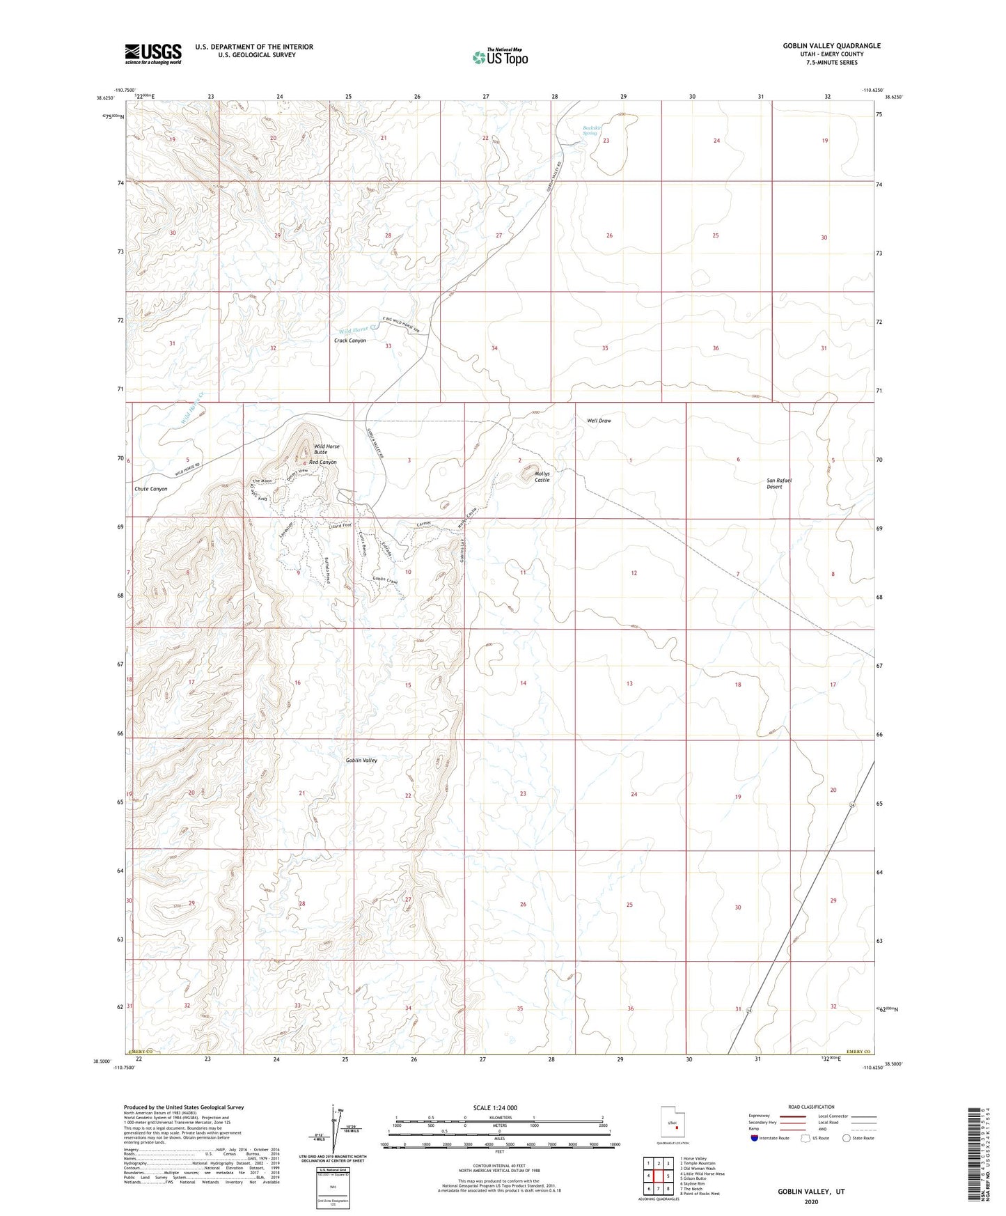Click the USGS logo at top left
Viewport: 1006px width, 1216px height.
153,53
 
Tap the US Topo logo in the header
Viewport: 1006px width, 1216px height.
499,57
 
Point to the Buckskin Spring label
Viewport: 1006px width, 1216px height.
590,130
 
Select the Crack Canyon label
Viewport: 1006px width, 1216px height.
349,341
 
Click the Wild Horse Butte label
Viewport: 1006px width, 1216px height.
326,449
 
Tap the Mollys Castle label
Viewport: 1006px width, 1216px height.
542,477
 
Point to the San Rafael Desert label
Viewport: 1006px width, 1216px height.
779,483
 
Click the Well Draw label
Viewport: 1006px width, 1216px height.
599,421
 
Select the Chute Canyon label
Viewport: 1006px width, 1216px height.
151,489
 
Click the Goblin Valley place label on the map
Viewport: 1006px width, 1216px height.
361,761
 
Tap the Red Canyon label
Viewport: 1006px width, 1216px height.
323,462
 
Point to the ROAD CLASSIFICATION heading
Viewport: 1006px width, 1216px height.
810,1107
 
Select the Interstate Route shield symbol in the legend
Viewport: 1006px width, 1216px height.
755,1138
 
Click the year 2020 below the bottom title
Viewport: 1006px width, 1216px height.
810,1202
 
